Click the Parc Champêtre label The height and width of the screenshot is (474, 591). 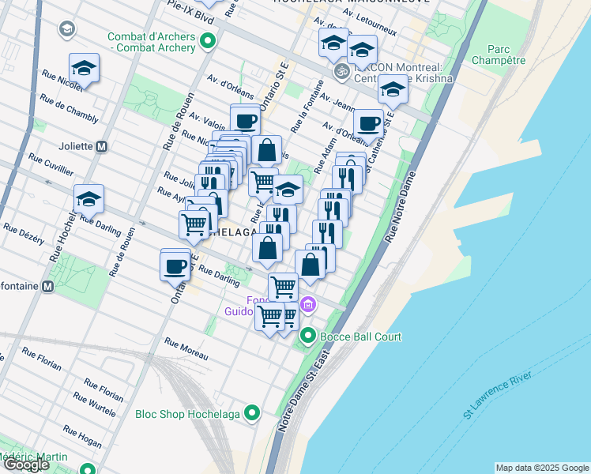coord(498,53)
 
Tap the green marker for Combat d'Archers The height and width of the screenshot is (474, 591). coord(208,42)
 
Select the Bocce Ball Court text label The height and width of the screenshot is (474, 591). coord(360,337)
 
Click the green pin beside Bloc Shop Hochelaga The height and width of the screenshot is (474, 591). coord(252,413)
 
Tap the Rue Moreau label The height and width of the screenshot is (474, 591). coord(186,345)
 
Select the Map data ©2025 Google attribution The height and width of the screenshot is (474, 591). coord(541,468)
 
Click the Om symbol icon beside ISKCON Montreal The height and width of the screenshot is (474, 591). coord(341,71)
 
